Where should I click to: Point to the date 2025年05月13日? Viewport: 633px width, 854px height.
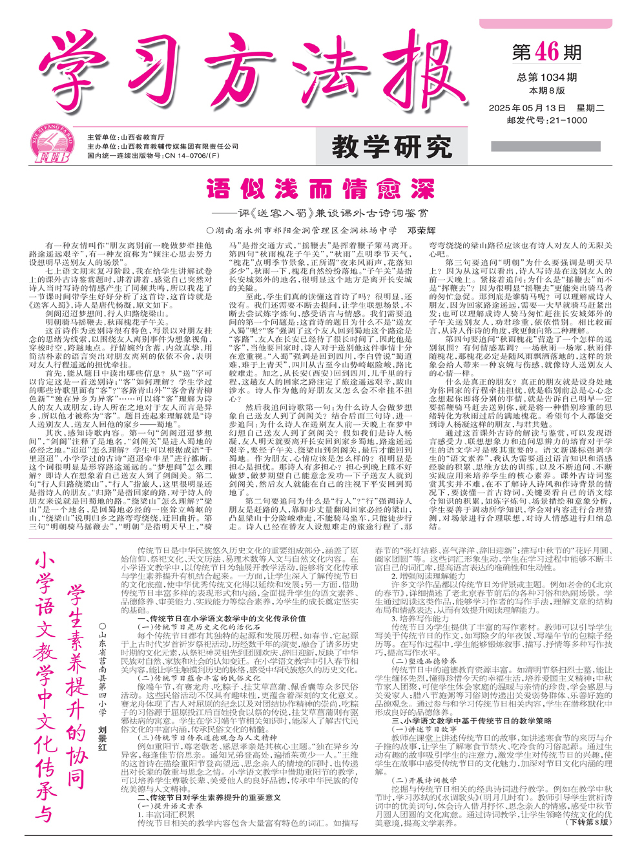tap(526, 108)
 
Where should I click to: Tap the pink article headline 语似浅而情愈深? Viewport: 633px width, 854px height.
tap(320, 190)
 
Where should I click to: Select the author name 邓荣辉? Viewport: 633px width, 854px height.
tap(421, 230)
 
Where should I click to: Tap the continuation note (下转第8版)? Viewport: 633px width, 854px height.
tap(587, 822)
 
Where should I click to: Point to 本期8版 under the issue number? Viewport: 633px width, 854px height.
tap(546, 91)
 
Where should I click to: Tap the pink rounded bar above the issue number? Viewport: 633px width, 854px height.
tap(545, 24)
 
